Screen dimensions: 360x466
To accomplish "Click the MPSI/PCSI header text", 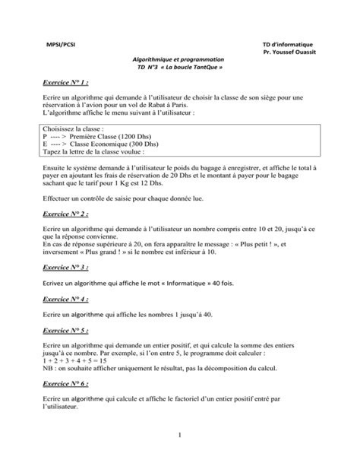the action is (x=60, y=44).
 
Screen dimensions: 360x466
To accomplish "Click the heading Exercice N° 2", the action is (x=66, y=215).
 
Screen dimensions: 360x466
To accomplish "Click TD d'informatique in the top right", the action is (x=292, y=44).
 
